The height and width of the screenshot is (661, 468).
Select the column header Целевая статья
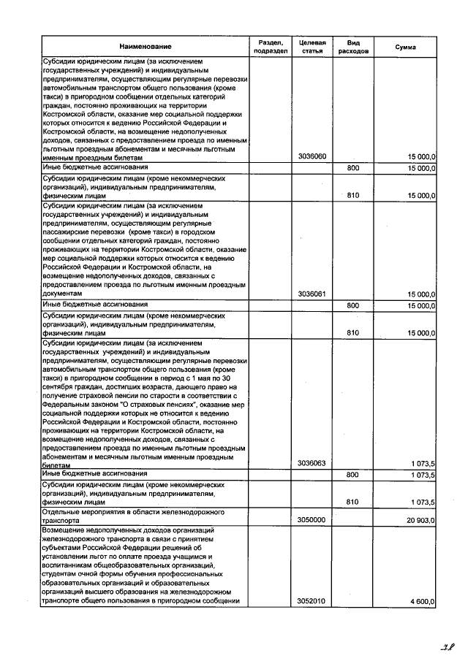click(x=312, y=47)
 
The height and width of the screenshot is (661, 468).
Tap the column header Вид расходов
click(x=353, y=47)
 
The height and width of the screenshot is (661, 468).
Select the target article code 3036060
click(x=312, y=157)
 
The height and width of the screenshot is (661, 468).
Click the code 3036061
click(x=312, y=294)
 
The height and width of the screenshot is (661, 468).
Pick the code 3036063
click(x=312, y=464)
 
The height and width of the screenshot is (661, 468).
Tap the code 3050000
click(x=312, y=519)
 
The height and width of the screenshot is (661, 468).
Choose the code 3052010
click(x=312, y=601)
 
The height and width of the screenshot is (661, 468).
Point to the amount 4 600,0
click(x=423, y=601)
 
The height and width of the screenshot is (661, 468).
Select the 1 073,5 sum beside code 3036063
click(x=423, y=464)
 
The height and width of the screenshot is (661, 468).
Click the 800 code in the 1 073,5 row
click(x=353, y=475)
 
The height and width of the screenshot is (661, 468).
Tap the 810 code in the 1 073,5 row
click(x=353, y=503)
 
